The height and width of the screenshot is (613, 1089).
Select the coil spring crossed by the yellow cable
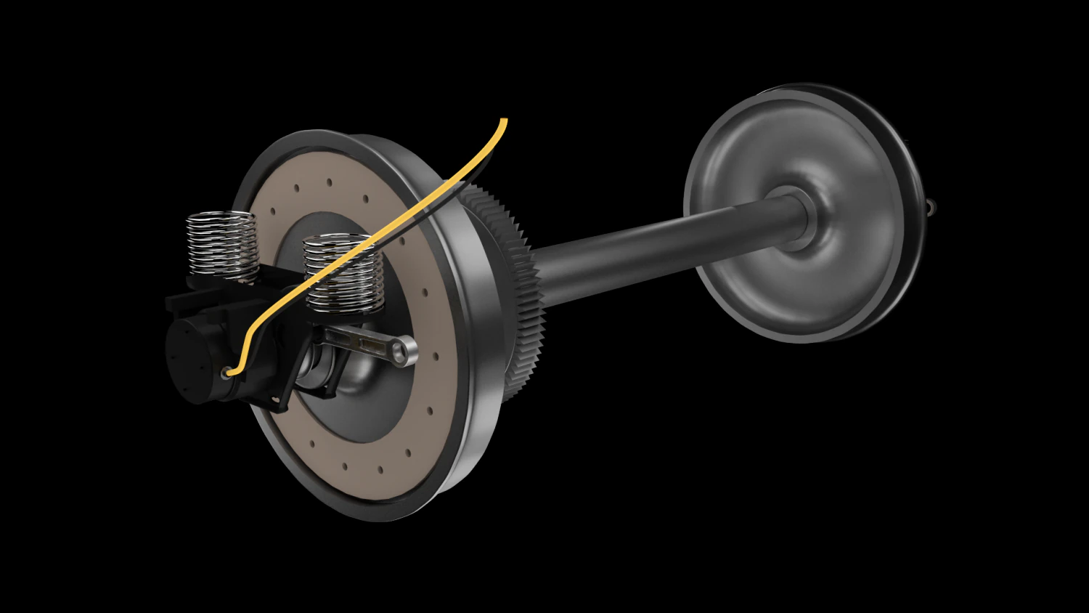[342, 272]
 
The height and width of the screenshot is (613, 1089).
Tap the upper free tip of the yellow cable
[503, 121]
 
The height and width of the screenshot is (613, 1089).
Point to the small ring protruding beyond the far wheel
[931, 208]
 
